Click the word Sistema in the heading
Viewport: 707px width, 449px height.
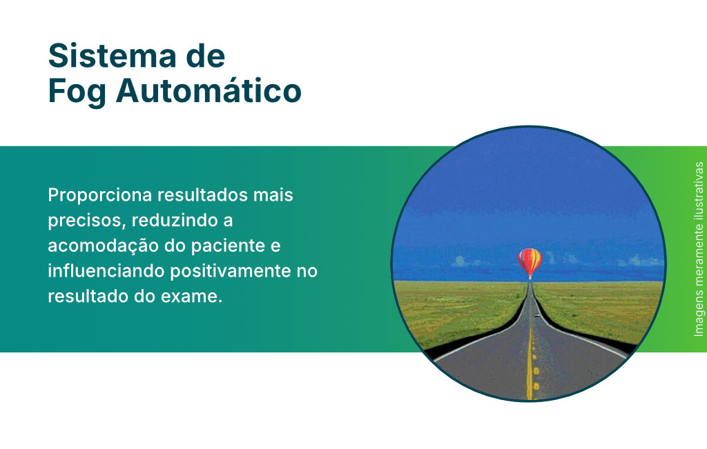112,56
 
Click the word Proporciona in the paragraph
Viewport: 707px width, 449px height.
99,195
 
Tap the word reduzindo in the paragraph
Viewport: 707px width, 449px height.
171,220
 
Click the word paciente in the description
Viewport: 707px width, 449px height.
228,246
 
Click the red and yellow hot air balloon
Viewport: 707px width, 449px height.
530,263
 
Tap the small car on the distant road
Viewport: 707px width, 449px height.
537,315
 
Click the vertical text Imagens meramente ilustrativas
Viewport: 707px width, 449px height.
699,249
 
